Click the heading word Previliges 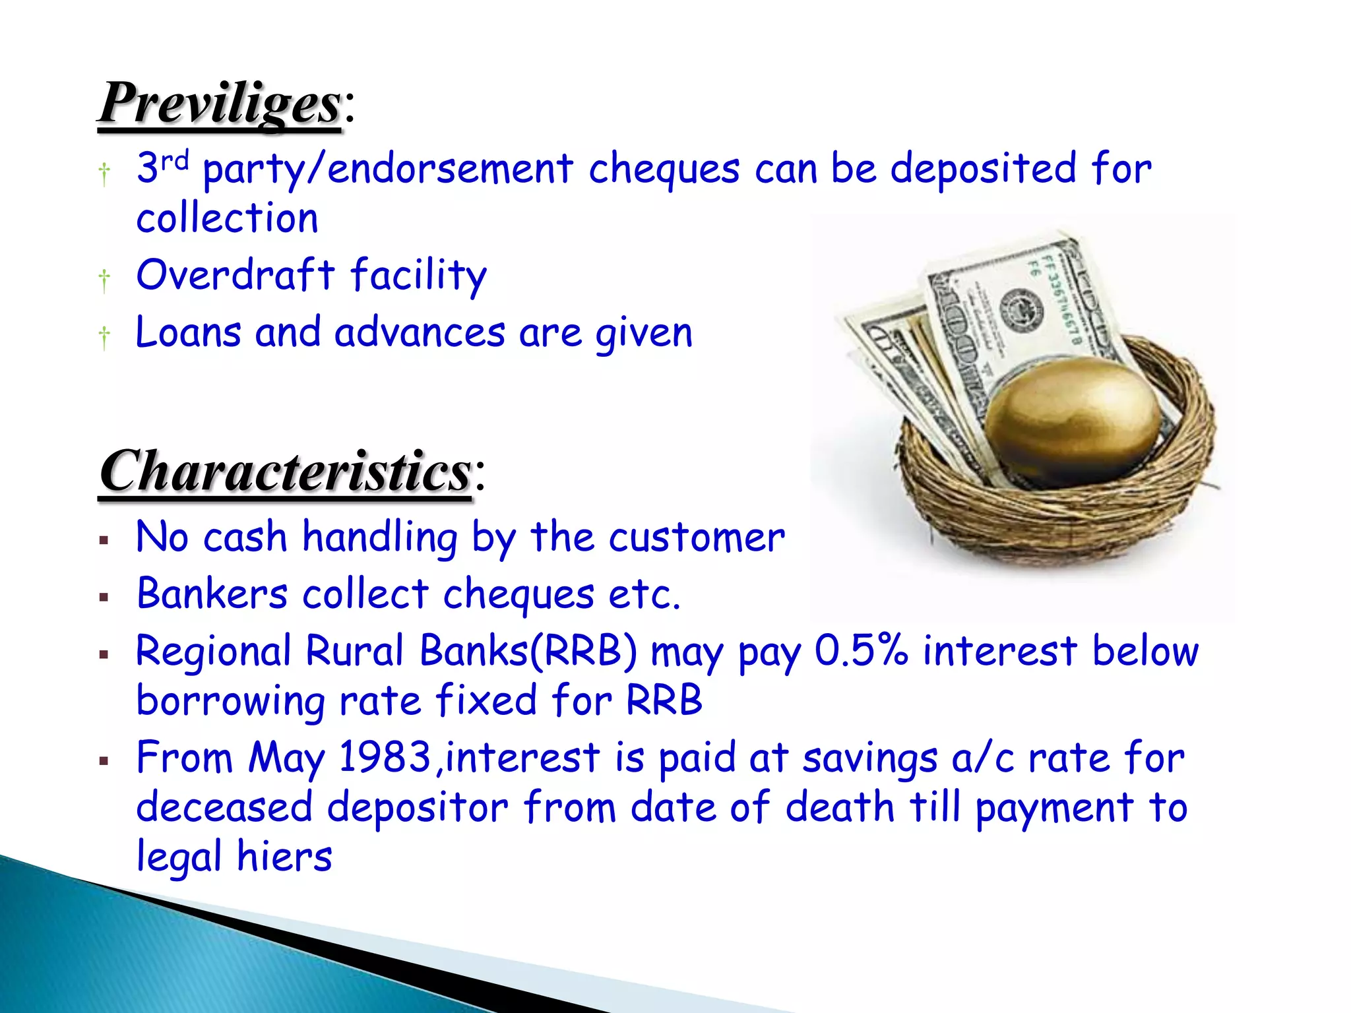pos(220,104)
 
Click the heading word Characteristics pos(285,472)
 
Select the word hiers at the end pos(284,857)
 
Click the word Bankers pos(212,594)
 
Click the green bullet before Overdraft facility pos(104,279)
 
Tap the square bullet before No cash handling pos(104,541)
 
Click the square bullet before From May pos(104,761)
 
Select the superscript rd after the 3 pos(175,160)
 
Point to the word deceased pos(224,807)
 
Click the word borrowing pos(230,700)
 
